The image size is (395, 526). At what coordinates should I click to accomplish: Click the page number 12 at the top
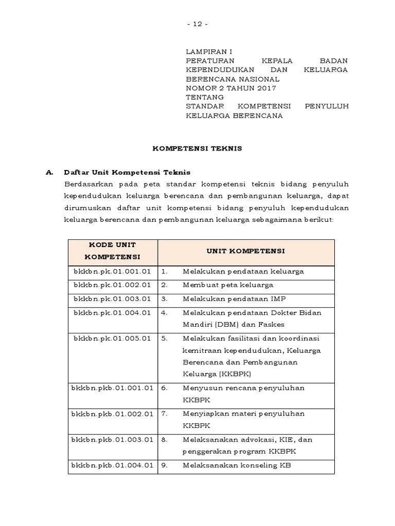197,25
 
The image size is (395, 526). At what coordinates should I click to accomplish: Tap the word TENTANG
205,97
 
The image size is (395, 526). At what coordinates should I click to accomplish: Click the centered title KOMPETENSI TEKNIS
197,148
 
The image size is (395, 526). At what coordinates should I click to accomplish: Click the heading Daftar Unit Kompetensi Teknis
127,173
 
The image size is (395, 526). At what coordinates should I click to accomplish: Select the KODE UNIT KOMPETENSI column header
112,251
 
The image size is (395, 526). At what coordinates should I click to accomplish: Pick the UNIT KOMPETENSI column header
246,251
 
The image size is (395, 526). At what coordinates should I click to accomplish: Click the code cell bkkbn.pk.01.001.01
112,271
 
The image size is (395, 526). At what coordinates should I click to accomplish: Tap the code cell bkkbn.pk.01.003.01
112,298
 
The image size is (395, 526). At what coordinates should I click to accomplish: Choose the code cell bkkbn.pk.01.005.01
112,339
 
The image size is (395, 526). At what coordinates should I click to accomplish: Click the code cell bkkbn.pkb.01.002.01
112,414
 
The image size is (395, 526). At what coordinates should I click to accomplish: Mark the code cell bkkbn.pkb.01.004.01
112,466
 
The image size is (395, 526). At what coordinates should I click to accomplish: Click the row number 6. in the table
165,388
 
